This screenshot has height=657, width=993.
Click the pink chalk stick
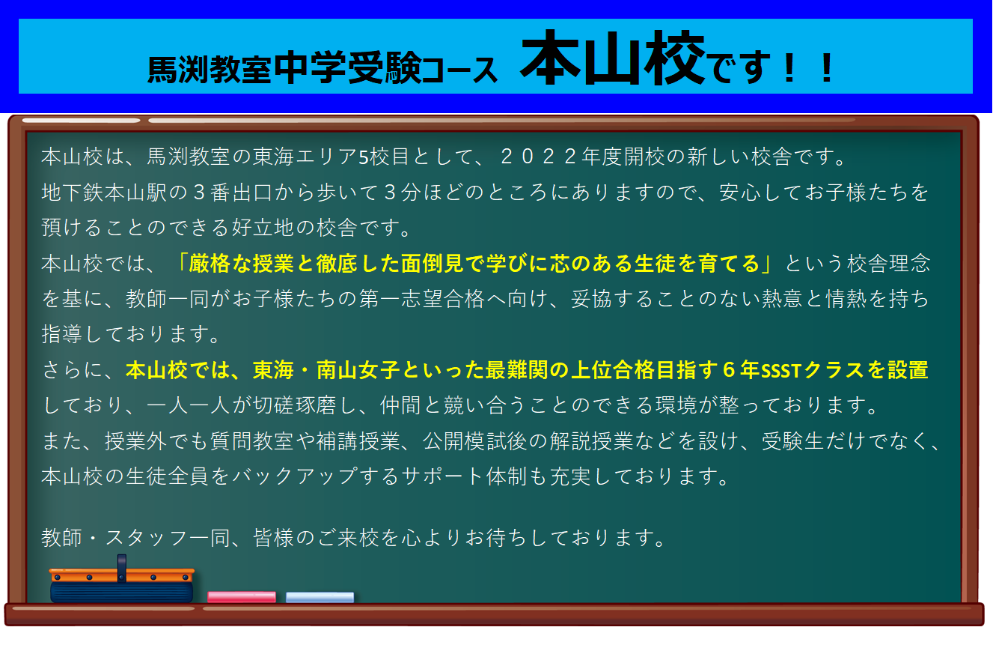click(242, 596)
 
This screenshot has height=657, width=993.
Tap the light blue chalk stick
click(320, 597)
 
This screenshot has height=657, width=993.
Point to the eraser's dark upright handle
click(122, 567)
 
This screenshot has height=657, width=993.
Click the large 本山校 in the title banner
click(613, 58)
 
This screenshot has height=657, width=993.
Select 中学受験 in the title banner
click(347, 67)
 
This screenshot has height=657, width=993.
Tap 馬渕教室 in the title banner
click(210, 70)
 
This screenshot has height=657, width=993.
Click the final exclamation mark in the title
click(827, 68)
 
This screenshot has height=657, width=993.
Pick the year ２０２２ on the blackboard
click(539, 157)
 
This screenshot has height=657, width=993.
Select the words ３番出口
click(232, 193)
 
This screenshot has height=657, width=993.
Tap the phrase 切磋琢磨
click(294, 405)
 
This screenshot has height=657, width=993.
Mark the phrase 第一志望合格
click(421, 299)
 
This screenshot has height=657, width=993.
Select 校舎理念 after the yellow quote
click(889, 263)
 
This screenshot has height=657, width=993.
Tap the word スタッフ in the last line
click(147, 538)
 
